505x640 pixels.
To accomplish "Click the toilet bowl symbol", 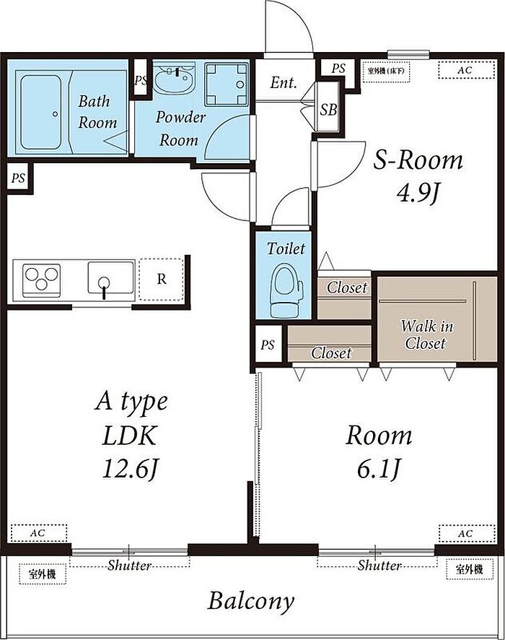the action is (x=286, y=290).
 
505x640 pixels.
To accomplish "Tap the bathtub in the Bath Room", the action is (x=40, y=112).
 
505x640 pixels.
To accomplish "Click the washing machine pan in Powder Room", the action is (x=227, y=85).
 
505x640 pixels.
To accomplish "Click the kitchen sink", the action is (x=111, y=278).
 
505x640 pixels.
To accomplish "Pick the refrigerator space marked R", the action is (x=162, y=280).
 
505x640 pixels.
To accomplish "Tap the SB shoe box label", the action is (x=328, y=109).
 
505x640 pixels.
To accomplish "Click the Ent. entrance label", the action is (x=284, y=83).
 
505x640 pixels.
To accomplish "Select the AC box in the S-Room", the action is (x=467, y=70).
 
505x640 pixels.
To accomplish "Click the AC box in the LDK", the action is (x=39, y=533).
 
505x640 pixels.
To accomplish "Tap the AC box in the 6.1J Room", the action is (x=467, y=533).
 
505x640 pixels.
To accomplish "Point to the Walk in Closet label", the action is (x=426, y=334).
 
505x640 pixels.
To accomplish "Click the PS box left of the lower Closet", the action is (x=268, y=345).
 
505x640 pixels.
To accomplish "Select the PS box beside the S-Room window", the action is (x=338, y=68).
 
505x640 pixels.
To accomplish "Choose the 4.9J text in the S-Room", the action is (x=418, y=193).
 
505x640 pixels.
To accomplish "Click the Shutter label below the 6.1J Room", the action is (x=379, y=566).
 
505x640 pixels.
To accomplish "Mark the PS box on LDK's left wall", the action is (x=18, y=178).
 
